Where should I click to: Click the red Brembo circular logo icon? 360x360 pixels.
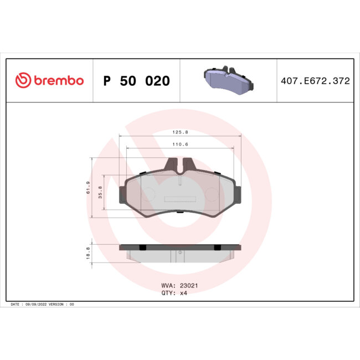click(x=23, y=80)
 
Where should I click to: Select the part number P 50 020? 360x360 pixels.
click(x=137, y=81)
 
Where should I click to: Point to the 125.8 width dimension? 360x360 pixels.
click(x=181, y=133)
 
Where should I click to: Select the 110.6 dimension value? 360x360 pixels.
click(x=181, y=144)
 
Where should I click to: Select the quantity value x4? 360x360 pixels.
click(x=185, y=293)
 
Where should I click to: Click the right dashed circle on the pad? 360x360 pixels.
click(x=212, y=194)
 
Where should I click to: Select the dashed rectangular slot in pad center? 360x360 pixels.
click(x=181, y=199)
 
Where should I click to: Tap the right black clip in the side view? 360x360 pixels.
click(x=218, y=246)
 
